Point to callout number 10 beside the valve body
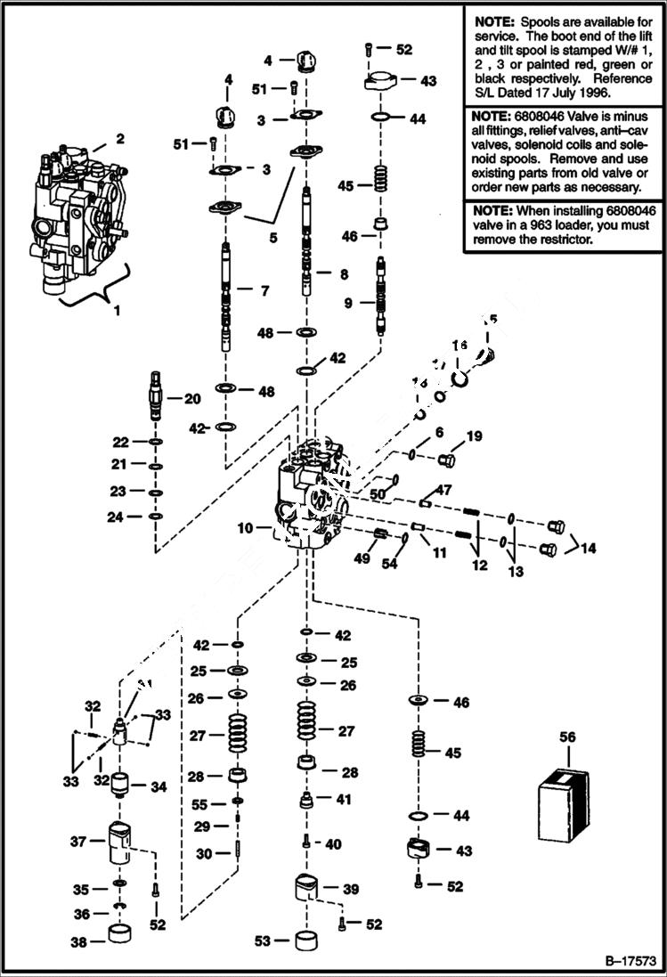pyautogui.click(x=247, y=529)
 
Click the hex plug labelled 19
pyautogui.click(x=447, y=460)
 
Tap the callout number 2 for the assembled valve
pyautogui.click(x=120, y=139)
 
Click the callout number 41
pyautogui.click(x=343, y=800)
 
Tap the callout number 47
pyautogui.click(x=443, y=490)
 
